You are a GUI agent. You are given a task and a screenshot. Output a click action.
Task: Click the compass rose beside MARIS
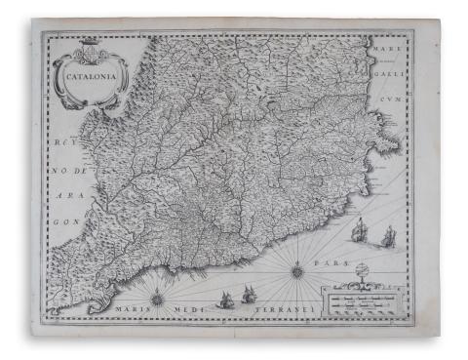click(156, 299)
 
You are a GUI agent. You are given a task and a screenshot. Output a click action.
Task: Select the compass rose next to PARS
click(296, 269)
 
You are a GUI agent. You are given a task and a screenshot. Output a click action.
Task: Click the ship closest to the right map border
click(389, 236)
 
